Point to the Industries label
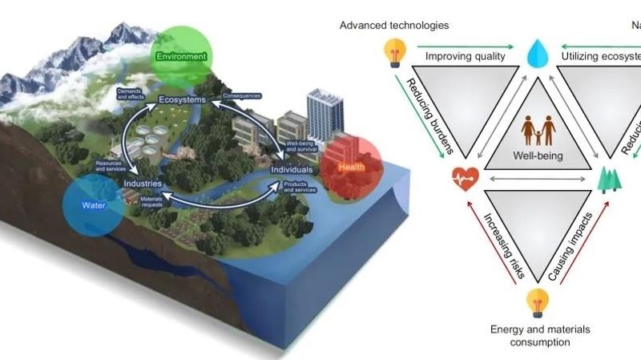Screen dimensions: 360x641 coord(143,184)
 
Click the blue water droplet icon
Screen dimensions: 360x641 coord(535,55)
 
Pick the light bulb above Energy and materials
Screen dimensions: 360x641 coord(535,303)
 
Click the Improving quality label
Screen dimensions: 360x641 coord(465,57)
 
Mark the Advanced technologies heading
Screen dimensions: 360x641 coord(394,25)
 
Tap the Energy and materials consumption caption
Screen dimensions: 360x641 coord(534,335)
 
